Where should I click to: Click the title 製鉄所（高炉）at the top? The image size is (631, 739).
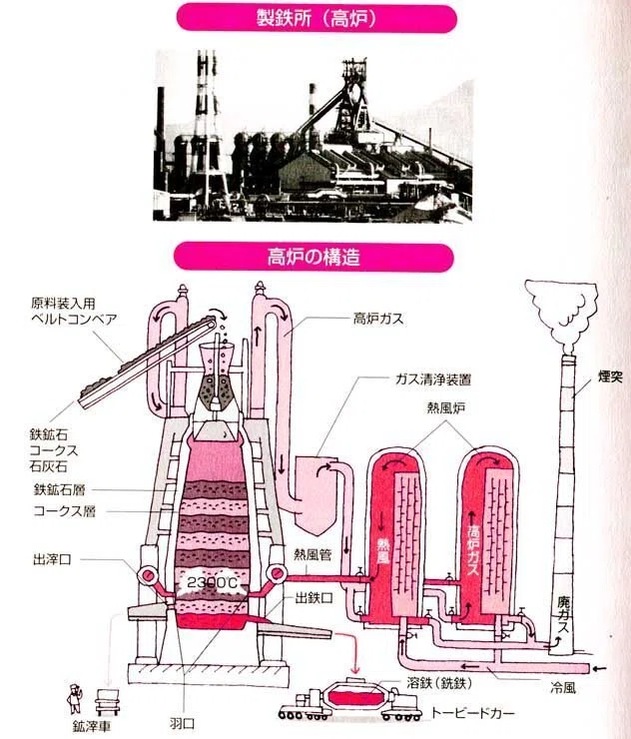click(316, 19)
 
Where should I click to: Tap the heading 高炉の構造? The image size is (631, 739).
click(314, 257)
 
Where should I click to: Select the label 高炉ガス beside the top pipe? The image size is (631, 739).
click(378, 320)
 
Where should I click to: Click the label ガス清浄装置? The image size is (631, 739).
click(432, 379)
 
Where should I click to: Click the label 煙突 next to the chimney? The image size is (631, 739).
click(611, 377)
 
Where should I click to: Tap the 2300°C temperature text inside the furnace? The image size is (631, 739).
click(212, 583)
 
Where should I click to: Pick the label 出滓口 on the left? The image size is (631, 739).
click(52, 559)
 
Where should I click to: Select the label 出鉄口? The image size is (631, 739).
click(314, 598)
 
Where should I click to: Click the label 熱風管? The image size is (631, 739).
click(313, 554)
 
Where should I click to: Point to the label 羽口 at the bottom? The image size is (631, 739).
click(182, 723)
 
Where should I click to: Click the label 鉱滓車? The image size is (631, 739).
click(92, 726)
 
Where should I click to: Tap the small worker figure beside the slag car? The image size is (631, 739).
click(74, 699)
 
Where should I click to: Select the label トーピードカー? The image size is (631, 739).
click(473, 713)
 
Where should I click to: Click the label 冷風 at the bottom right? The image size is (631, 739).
click(563, 688)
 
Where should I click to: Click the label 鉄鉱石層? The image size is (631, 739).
click(59, 489)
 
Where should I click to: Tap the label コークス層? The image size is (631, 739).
click(65, 511)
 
